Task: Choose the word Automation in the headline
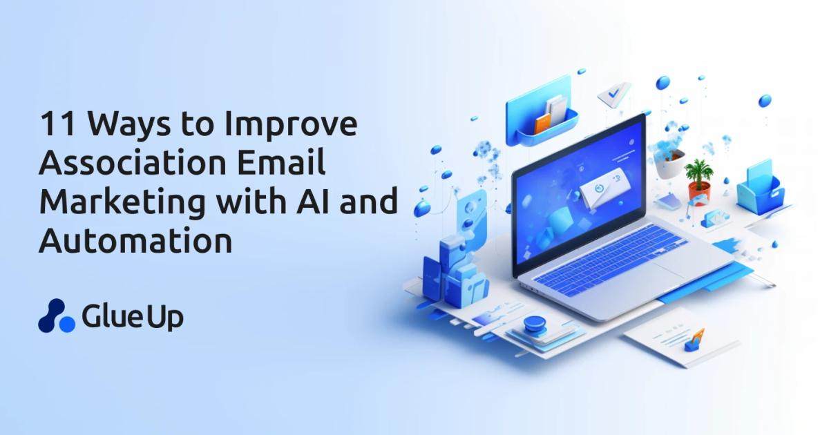coord(135,241)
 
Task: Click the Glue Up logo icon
coord(55,315)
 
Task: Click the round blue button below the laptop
coord(535,324)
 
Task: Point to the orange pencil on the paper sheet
coord(695,339)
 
